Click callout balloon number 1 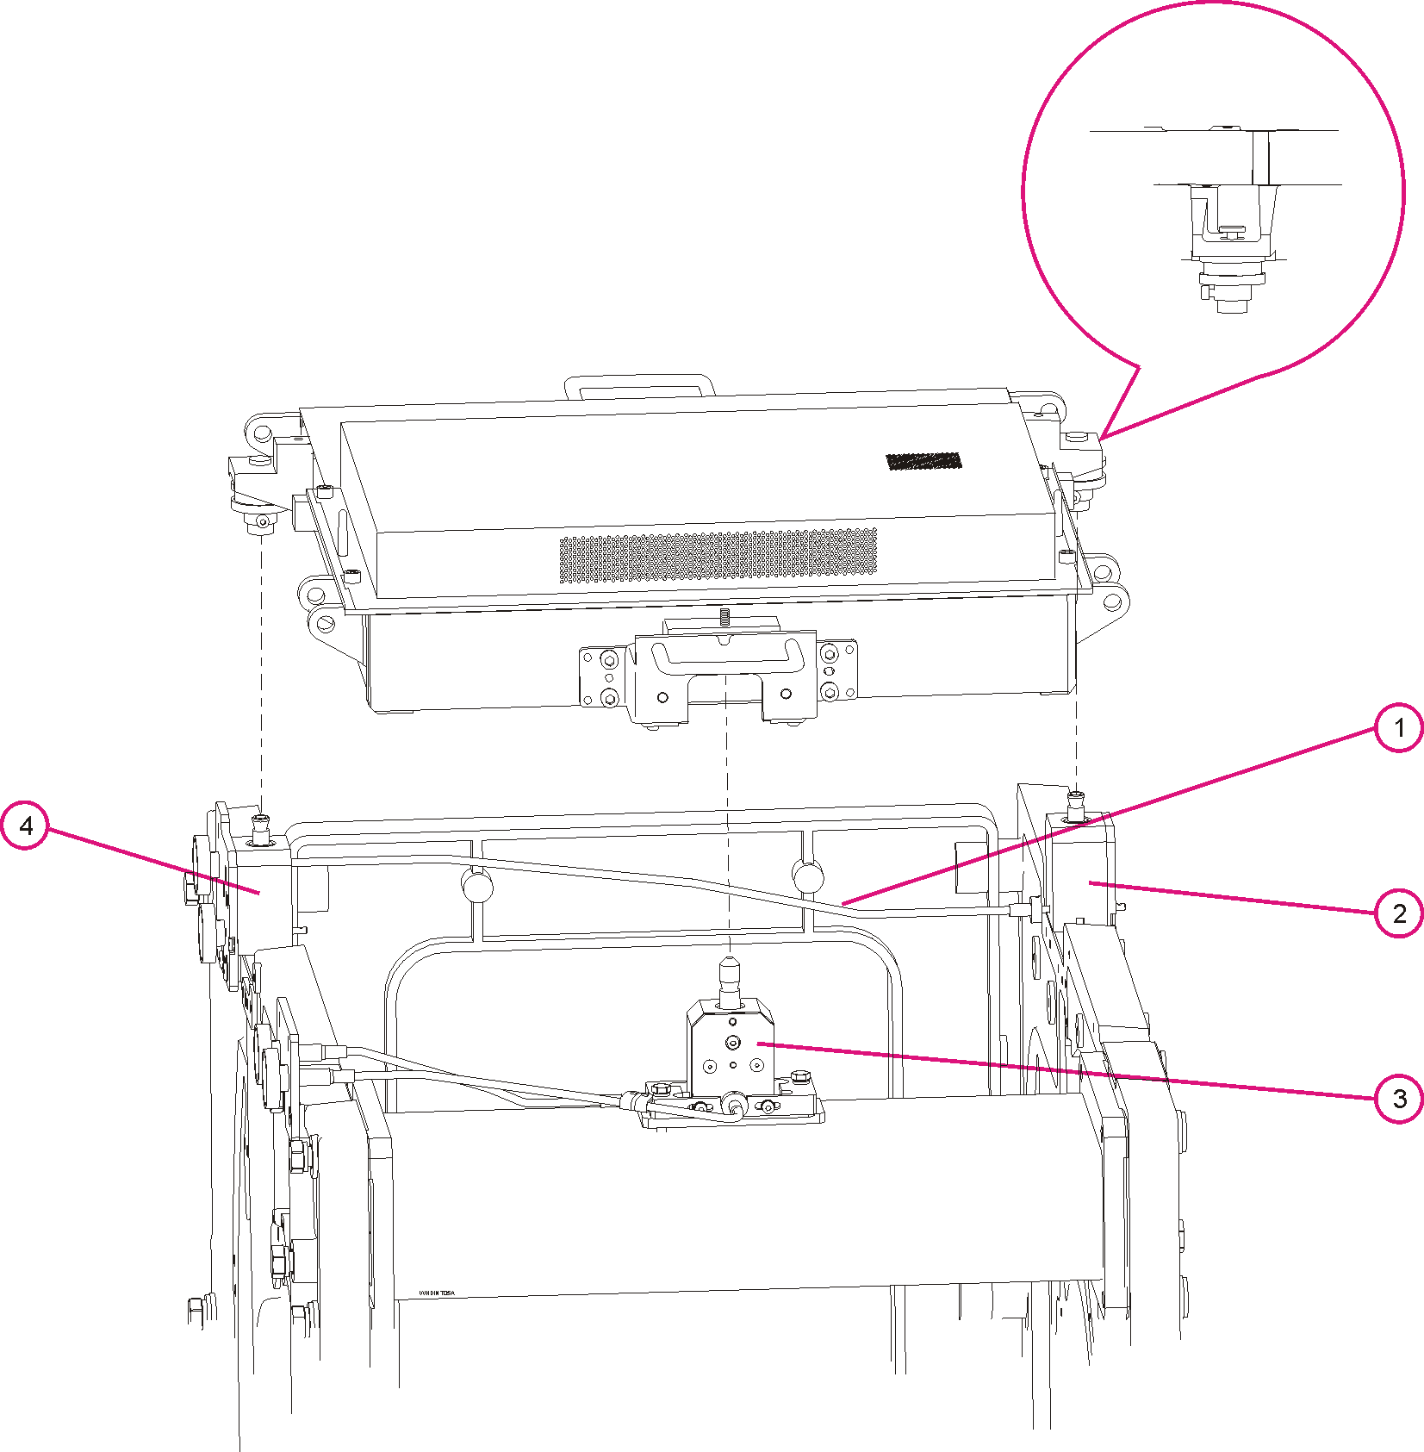click(x=1398, y=728)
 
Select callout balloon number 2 click(x=1398, y=913)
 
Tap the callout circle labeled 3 click(x=1398, y=1099)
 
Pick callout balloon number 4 click(x=26, y=826)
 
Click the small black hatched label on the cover click(x=923, y=461)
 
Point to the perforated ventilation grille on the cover click(x=718, y=556)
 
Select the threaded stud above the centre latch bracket click(x=724, y=616)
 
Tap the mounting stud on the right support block click(x=1076, y=806)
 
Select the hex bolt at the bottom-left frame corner click(x=196, y=1311)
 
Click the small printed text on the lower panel click(x=436, y=1293)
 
